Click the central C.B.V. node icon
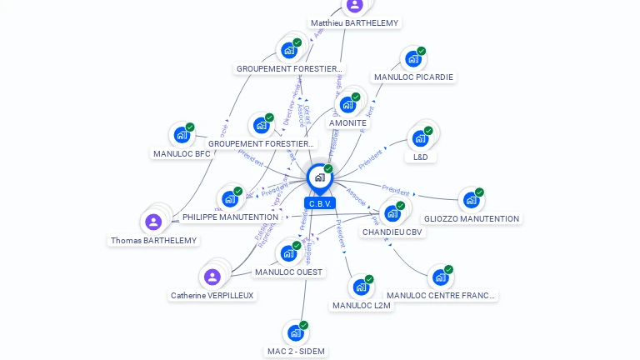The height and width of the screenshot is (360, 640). tap(319, 177)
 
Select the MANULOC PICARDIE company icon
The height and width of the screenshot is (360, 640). tap(412, 59)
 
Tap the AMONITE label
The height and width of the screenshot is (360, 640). tap(347, 123)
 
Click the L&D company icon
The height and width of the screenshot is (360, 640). tap(420, 138)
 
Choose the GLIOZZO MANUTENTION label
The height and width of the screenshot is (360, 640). tap(472, 219)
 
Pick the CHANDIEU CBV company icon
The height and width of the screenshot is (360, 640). tap(392, 212)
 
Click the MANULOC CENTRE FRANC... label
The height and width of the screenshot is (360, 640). tap(441, 295)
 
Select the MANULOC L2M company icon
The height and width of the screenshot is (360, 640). tap(361, 287)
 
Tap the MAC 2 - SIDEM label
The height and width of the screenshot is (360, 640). tap(296, 351)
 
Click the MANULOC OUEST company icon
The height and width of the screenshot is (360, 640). tap(288, 253)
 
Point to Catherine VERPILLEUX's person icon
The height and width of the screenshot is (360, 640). tap(212, 277)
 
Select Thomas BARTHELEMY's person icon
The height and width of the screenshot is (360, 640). tap(153, 222)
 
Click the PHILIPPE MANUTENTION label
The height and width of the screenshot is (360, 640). tap(230, 217)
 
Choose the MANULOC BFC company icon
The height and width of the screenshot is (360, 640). tap(182, 135)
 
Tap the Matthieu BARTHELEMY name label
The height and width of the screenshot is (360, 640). tap(354, 23)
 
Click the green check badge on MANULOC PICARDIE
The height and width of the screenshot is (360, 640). tap(422, 51)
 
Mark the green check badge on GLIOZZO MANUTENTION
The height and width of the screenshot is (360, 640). tap(479, 192)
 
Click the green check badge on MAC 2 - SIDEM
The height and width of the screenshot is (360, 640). tap(304, 325)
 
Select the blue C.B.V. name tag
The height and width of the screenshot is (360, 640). tap(320, 203)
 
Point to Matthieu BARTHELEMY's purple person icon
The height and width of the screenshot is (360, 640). tap(355, 5)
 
